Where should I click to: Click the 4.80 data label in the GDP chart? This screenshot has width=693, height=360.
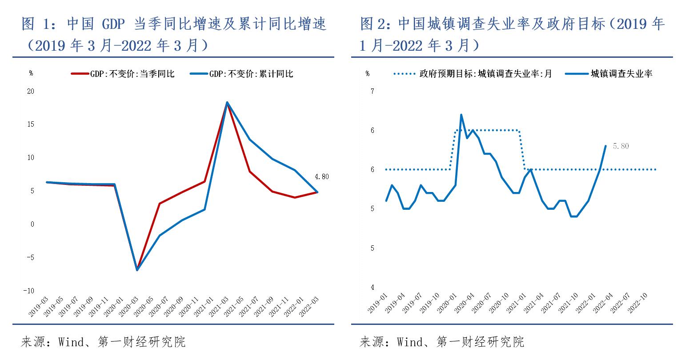coord(322,177)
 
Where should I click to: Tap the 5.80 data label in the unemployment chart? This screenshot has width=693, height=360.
coord(621,146)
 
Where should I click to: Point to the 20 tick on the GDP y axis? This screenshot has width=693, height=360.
coord(31,92)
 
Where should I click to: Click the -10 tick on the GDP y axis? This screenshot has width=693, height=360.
coord(29,291)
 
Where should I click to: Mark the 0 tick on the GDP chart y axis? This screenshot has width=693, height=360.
coord(32,224)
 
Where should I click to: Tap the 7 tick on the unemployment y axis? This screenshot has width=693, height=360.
coord(373,92)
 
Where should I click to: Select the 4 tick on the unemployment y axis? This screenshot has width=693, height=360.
coord(373,288)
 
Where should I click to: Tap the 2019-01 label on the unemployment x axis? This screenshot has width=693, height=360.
coord(378,303)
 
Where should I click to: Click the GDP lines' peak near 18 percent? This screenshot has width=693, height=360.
coord(227,102)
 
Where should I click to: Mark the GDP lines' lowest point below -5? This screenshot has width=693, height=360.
coord(137,270)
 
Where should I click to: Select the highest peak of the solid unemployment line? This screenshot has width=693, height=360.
coord(461,115)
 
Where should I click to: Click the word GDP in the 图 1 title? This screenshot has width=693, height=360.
coord(114,24)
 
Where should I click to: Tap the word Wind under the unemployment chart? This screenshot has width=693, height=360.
coord(409,342)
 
